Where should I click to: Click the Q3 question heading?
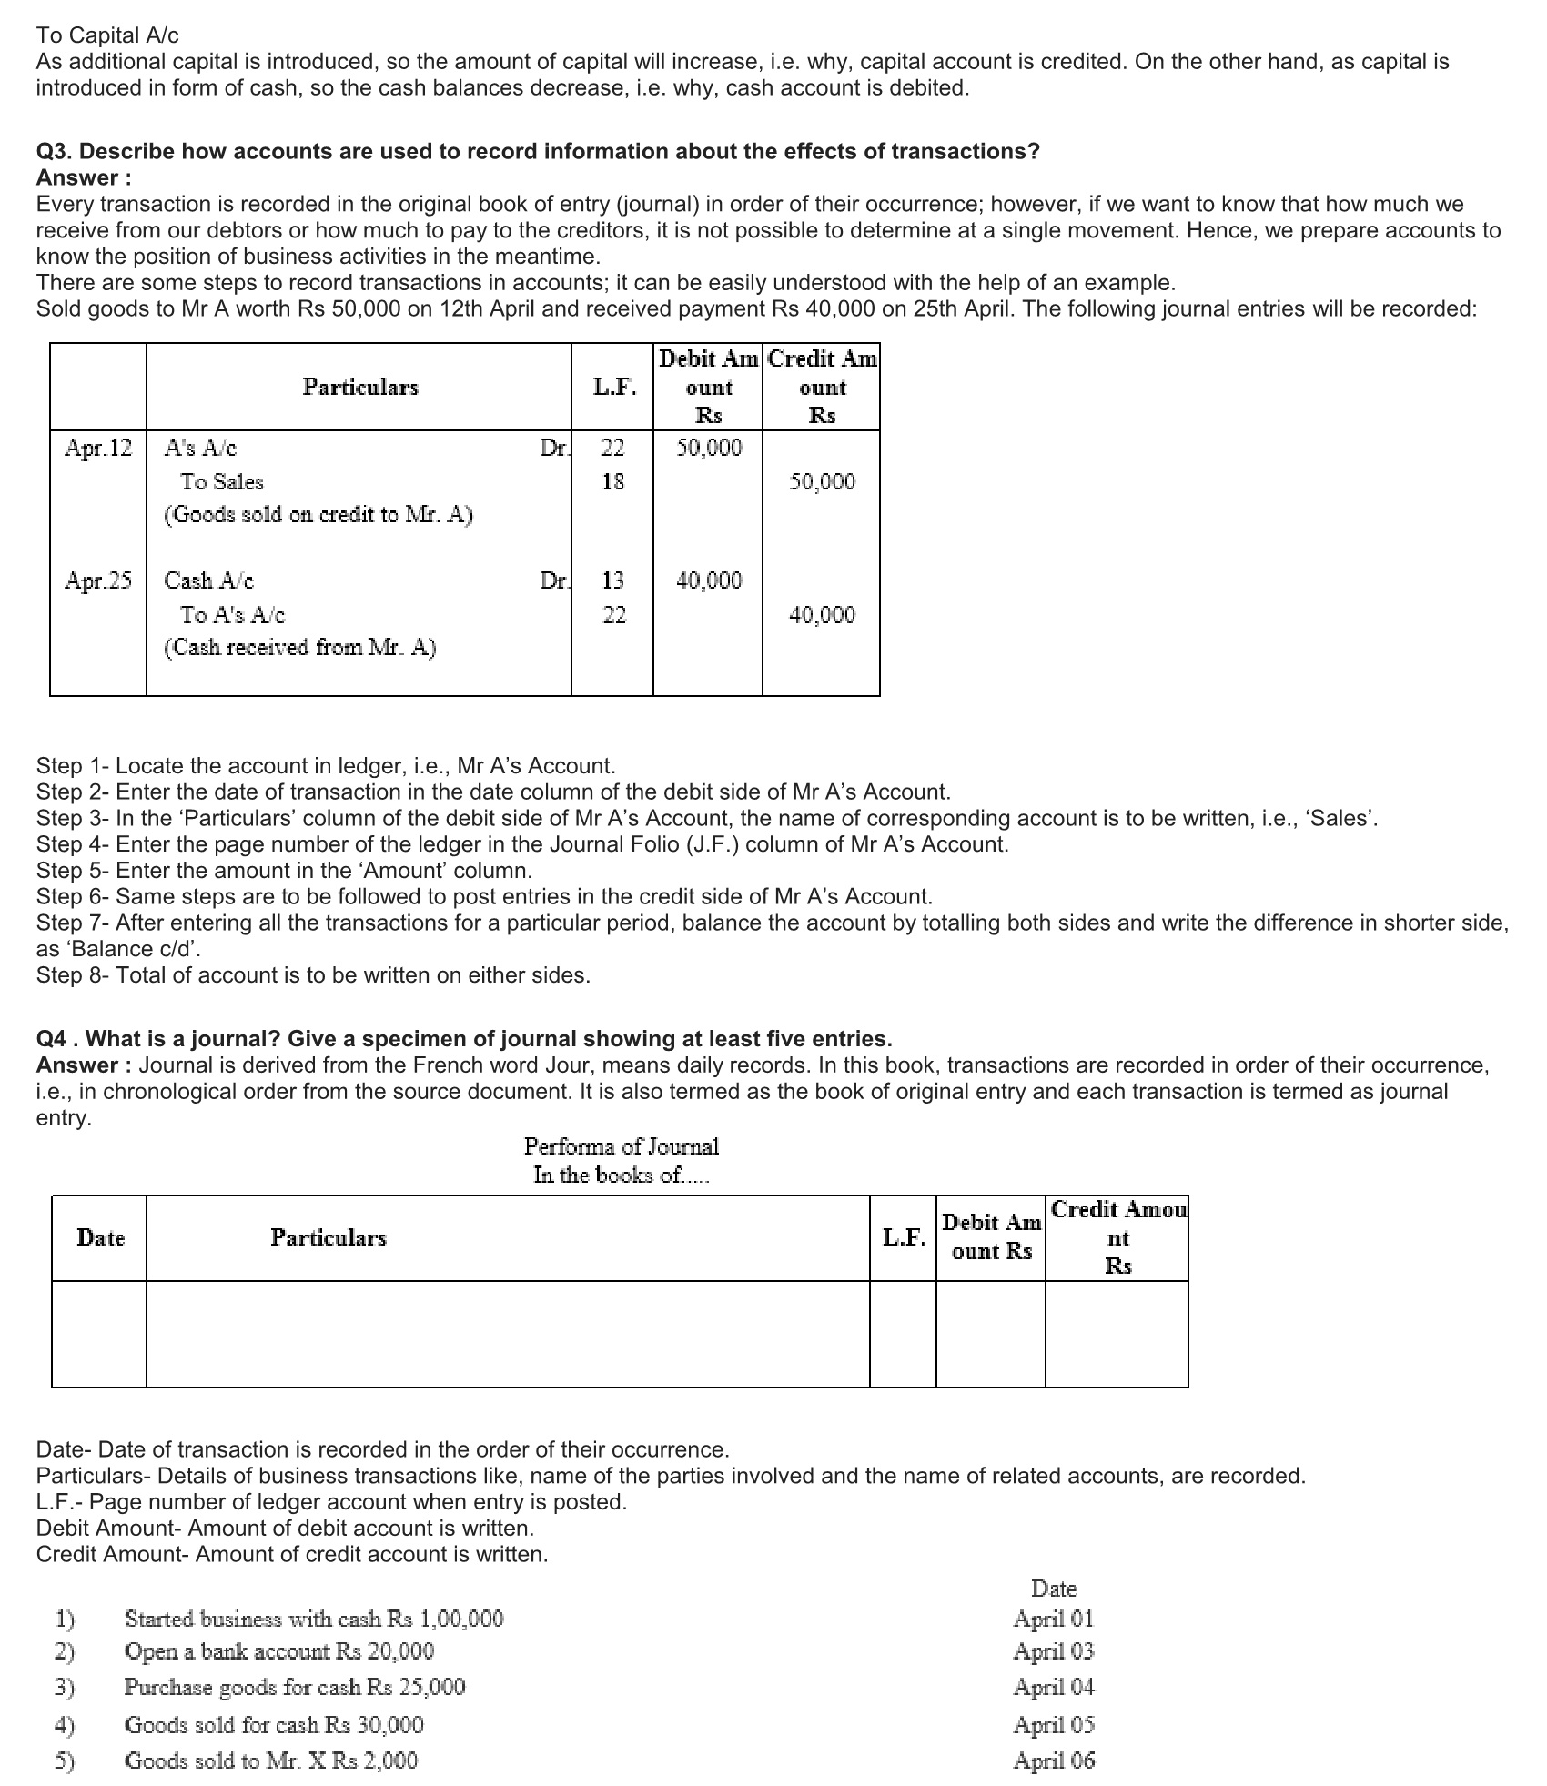(x=537, y=151)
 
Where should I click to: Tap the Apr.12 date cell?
(x=98, y=448)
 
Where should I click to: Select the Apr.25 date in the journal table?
(x=98, y=580)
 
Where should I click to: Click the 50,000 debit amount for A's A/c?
(x=709, y=448)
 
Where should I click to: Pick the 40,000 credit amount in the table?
(x=822, y=615)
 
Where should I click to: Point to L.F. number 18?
(x=613, y=482)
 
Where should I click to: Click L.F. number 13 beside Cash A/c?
(x=613, y=580)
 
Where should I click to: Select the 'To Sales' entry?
(x=221, y=482)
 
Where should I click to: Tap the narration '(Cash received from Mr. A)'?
(x=299, y=648)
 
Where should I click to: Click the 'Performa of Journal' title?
(x=621, y=1146)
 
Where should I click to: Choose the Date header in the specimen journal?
(x=100, y=1237)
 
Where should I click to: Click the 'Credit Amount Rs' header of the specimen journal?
(x=1117, y=1237)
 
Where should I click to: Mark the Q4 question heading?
(x=464, y=1039)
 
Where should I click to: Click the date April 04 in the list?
(x=1054, y=1687)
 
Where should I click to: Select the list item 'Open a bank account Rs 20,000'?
(x=278, y=1651)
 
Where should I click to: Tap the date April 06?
(x=1054, y=1761)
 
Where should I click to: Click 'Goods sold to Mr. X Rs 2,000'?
(x=270, y=1761)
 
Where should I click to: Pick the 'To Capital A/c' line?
(x=107, y=35)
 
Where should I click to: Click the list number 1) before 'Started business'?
(x=65, y=1620)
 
